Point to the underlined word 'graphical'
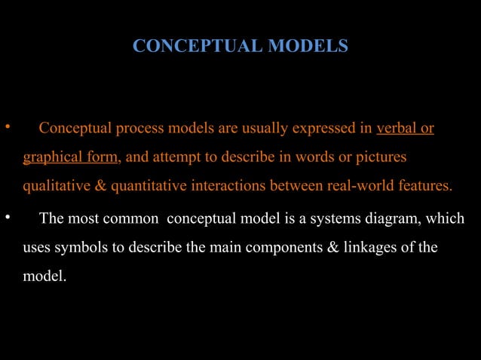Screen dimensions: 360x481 coord(51,157)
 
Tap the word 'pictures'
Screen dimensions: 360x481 coord(381,157)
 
